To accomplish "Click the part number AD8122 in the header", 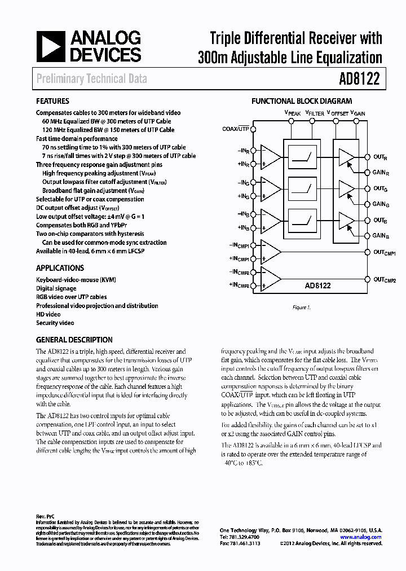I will (x=361, y=79).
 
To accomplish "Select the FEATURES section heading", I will (x=52, y=102).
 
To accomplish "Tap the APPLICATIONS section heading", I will (x=60, y=268).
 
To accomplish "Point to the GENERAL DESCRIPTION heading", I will (x=74, y=340).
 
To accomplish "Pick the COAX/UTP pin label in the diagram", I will (x=236, y=129).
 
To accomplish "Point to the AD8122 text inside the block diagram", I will (x=319, y=286).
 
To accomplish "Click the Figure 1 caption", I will (x=301, y=308).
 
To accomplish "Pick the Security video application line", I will (x=55, y=323).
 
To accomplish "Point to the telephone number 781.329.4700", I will (x=237, y=537).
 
